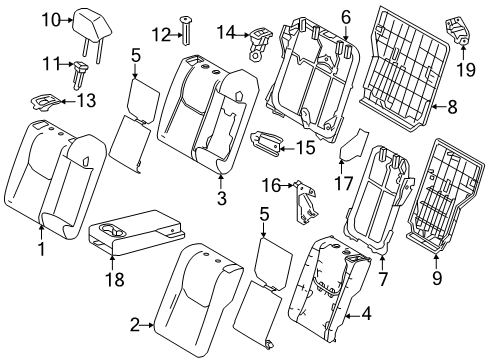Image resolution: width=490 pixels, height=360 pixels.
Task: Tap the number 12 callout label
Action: [x=161, y=35]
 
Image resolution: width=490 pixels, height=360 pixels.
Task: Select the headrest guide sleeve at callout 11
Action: [x=80, y=74]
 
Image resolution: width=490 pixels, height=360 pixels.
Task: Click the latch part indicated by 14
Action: [x=260, y=43]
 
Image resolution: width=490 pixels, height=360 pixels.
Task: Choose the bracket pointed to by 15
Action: [x=266, y=141]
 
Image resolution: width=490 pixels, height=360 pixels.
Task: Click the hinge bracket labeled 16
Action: [x=304, y=202]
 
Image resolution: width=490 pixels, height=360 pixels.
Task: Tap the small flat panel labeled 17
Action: [x=353, y=145]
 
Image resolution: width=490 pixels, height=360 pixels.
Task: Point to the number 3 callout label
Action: [x=221, y=198]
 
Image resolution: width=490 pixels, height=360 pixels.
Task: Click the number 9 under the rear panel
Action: [x=437, y=278]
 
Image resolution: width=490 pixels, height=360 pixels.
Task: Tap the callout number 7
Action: [x=382, y=279]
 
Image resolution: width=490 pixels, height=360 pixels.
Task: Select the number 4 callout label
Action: [x=366, y=314]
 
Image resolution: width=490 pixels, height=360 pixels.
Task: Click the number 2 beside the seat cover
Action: [x=134, y=325]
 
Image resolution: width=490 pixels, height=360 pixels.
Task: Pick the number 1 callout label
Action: [x=42, y=249]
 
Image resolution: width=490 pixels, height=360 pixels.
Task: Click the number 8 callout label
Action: [x=452, y=107]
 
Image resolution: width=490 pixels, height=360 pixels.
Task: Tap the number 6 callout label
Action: [x=346, y=17]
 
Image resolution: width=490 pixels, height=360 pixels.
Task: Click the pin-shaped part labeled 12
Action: [x=186, y=31]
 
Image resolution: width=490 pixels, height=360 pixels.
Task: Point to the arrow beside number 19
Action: [x=463, y=53]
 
